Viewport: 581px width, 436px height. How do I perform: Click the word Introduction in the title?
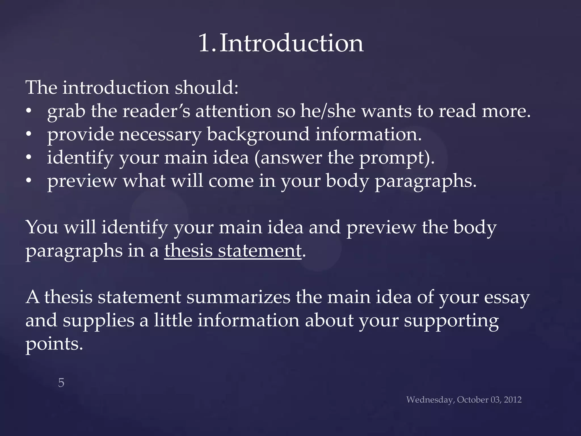click(292, 43)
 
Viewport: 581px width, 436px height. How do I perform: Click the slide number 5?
click(61, 383)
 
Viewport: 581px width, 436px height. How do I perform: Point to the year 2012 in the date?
click(513, 400)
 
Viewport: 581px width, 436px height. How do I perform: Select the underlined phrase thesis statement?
click(233, 251)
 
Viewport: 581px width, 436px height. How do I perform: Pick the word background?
click(258, 135)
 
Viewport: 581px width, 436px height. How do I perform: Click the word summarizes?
click(238, 297)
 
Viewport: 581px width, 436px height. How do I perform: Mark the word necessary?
click(160, 135)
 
